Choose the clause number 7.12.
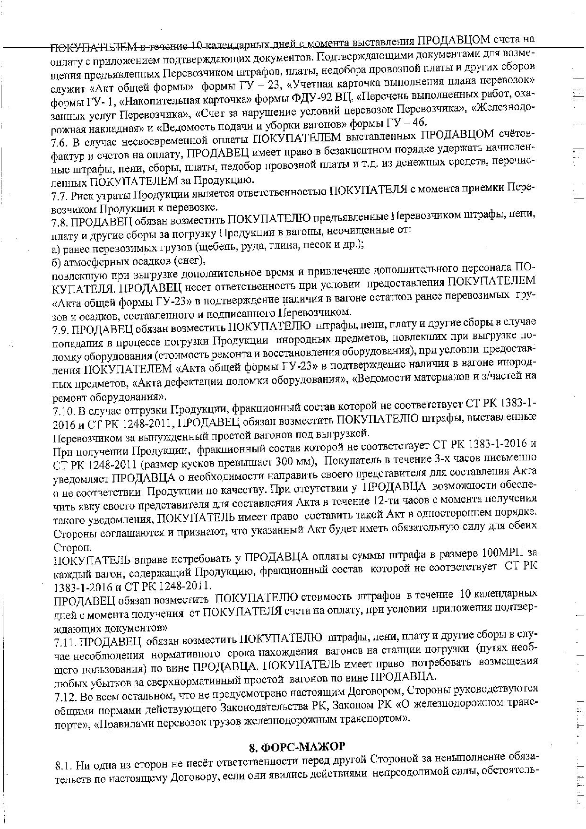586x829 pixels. point(63,696)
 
